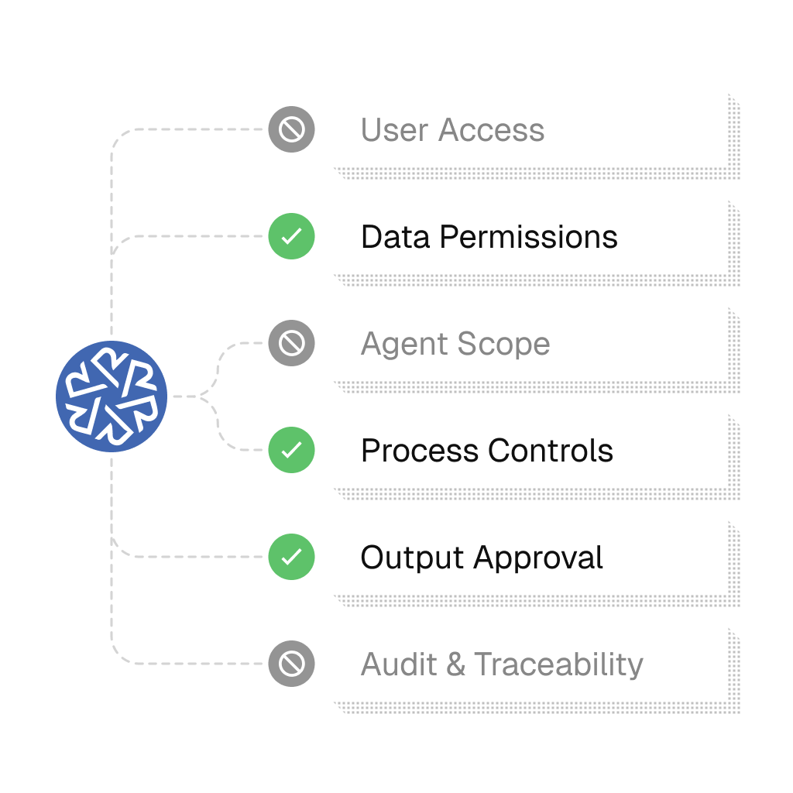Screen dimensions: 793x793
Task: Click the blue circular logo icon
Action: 112,396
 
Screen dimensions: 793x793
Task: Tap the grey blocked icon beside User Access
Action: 291,129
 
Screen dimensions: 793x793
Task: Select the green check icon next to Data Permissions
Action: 291,236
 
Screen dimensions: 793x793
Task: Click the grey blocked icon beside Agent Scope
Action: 291,343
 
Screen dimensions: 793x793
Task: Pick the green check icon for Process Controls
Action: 291,450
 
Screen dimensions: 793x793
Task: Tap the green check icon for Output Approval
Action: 291,557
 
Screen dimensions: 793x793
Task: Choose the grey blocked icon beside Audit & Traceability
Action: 291,664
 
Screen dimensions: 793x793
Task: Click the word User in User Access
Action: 394,130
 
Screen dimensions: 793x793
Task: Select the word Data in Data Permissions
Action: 395,237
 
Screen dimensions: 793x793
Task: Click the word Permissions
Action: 529,237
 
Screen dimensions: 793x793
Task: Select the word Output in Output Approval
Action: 412,558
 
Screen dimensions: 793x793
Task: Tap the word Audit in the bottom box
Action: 402,664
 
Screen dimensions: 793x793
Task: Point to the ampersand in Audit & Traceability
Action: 458,664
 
